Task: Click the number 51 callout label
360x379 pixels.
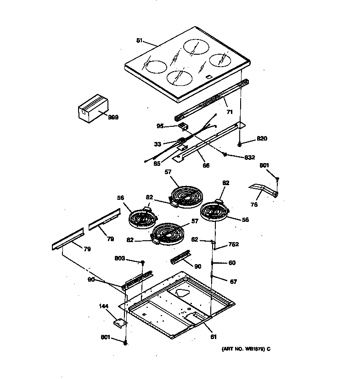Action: tap(139, 40)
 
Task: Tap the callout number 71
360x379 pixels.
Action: tap(229, 111)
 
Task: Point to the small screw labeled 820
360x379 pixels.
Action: tap(240, 145)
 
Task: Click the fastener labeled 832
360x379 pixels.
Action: tap(225, 155)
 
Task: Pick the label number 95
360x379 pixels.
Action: tap(160, 125)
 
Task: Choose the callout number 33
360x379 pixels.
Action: tap(157, 144)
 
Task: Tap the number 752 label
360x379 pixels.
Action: tap(234, 244)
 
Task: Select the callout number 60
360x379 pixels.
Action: tap(232, 263)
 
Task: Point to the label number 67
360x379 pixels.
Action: tap(234, 281)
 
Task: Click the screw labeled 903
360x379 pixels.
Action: tap(143, 263)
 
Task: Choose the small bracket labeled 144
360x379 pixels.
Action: tap(120, 322)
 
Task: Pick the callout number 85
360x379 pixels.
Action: tap(157, 162)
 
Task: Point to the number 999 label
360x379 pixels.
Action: tap(113, 117)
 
